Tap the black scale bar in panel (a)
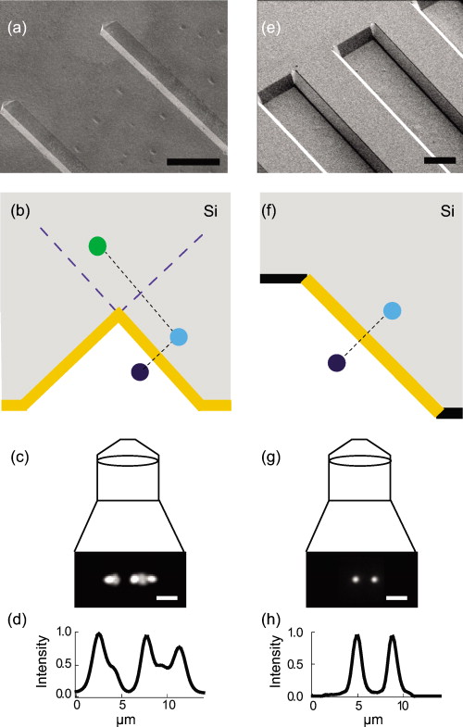click(x=193, y=162)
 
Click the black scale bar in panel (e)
click(x=439, y=160)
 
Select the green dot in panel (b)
click(x=97, y=245)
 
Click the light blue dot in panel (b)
click(x=179, y=336)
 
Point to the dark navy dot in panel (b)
click(x=140, y=372)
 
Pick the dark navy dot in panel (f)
click(x=337, y=362)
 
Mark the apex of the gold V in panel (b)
click(x=118, y=313)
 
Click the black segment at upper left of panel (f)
click(x=282, y=278)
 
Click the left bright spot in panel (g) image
click(x=356, y=581)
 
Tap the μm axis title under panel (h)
click(x=360, y=719)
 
